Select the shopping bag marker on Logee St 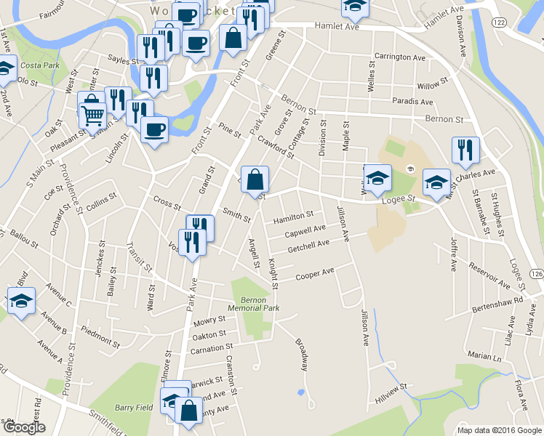[255, 179]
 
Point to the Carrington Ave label [399, 57]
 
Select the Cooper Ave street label [315, 274]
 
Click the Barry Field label [134, 408]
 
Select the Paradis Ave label [412, 102]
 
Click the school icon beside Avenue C [21, 301]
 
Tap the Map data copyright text [499, 429]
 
